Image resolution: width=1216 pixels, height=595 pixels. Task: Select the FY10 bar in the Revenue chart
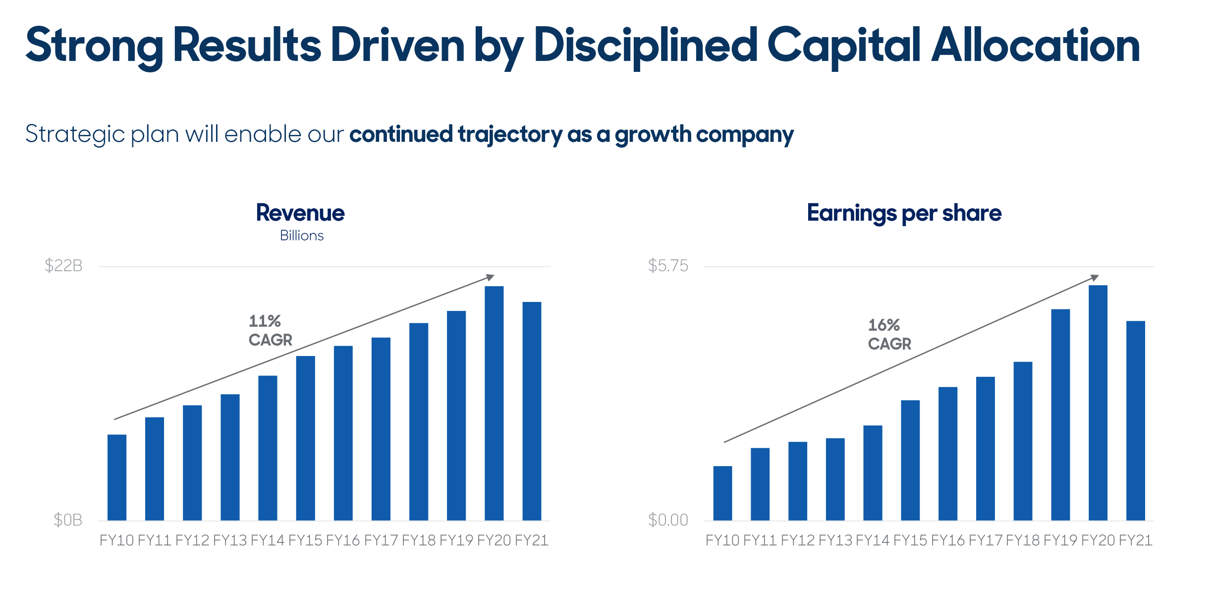coord(117,477)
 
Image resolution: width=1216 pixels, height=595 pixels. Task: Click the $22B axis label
coord(63,266)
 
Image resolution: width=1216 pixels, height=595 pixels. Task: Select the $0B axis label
coord(68,520)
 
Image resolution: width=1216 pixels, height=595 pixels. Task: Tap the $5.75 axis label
coord(668,266)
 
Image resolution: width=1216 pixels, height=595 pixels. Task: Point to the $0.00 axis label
coord(668,520)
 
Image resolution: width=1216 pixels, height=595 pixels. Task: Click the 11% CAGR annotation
coord(270,330)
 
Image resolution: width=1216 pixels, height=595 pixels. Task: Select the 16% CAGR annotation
coord(889,334)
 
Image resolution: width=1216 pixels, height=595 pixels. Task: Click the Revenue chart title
coord(300,213)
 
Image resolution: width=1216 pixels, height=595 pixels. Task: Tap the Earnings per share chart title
coord(904,213)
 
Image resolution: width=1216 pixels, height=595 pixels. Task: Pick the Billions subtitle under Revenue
coord(301,236)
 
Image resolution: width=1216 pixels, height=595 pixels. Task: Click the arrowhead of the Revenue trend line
coord(491,277)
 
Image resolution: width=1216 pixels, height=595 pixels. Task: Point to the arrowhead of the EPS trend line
coord(1095,278)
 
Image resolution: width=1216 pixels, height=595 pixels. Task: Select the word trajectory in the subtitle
coord(510,134)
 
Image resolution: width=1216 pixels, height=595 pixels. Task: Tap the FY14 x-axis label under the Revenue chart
coord(268,540)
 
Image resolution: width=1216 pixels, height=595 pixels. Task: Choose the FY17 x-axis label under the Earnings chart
coord(985,540)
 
